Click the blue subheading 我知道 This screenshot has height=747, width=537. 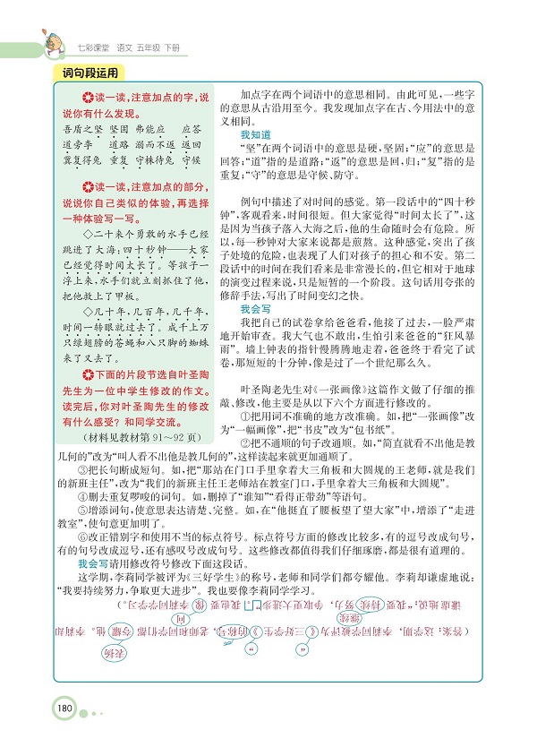(x=256, y=135)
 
